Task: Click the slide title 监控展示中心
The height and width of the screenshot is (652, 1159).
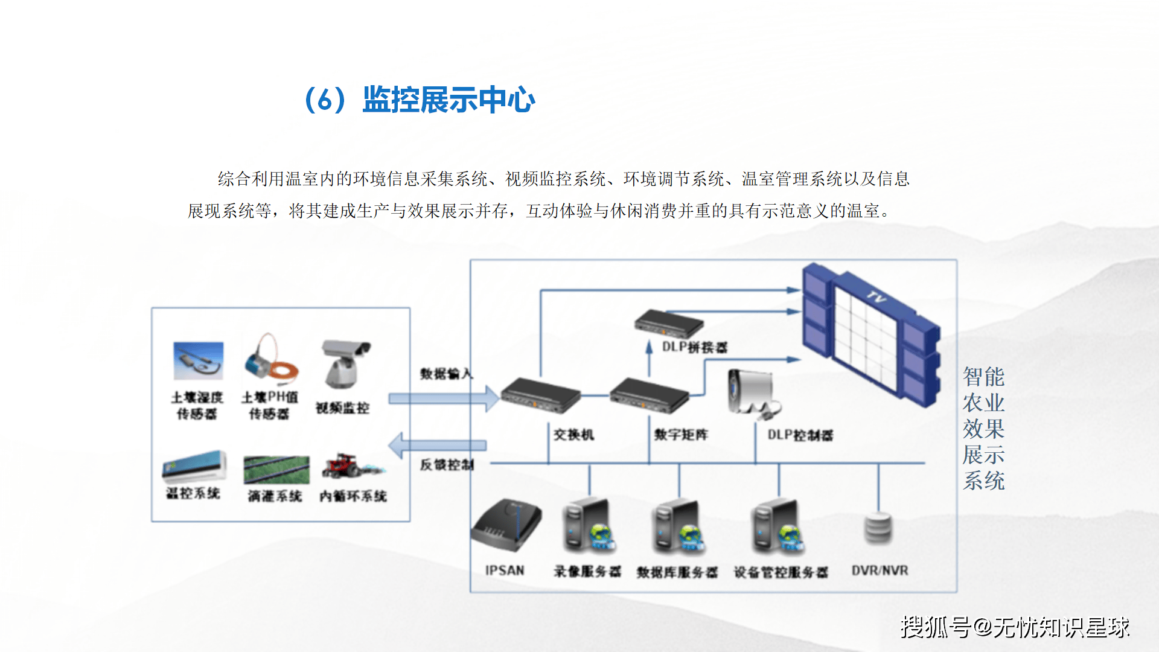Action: [x=448, y=100]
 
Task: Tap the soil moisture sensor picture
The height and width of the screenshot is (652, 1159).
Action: [x=198, y=361]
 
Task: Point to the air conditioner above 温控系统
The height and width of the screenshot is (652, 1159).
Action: [x=194, y=467]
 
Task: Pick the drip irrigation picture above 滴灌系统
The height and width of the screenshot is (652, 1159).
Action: [x=276, y=470]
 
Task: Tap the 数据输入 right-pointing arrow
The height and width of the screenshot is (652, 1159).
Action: [x=443, y=398]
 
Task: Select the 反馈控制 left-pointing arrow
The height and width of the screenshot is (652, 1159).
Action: [x=437, y=446]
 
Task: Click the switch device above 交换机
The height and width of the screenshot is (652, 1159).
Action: [x=540, y=395]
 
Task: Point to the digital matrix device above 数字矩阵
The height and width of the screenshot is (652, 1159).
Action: [x=649, y=395]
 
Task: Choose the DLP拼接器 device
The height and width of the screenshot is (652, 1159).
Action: [x=669, y=323]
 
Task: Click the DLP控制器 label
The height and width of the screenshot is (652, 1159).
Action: [x=800, y=435]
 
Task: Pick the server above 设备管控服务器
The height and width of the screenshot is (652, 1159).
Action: [x=778, y=525]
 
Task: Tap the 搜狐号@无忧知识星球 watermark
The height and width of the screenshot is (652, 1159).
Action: [x=1015, y=627]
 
